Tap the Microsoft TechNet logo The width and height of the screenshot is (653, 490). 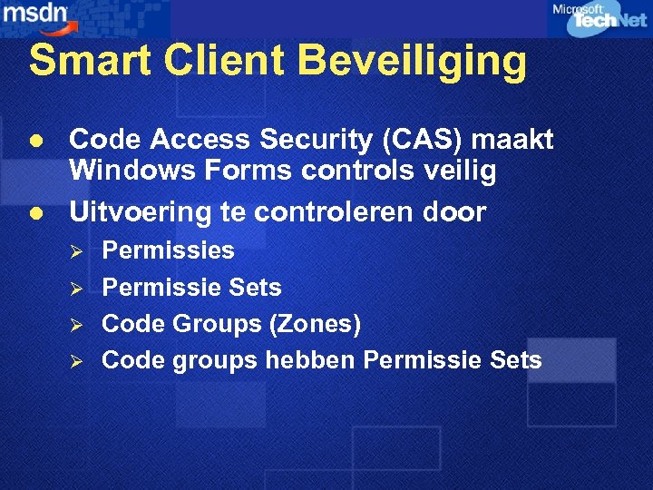coord(599,18)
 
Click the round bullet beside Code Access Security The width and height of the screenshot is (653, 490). coord(35,141)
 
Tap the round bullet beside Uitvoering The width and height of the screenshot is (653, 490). coord(35,212)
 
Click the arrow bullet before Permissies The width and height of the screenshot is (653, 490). coord(77,251)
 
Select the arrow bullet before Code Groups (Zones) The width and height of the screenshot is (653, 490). coord(77,325)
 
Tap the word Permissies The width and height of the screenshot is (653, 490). coord(168,250)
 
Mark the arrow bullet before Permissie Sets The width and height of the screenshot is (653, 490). coord(77,289)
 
